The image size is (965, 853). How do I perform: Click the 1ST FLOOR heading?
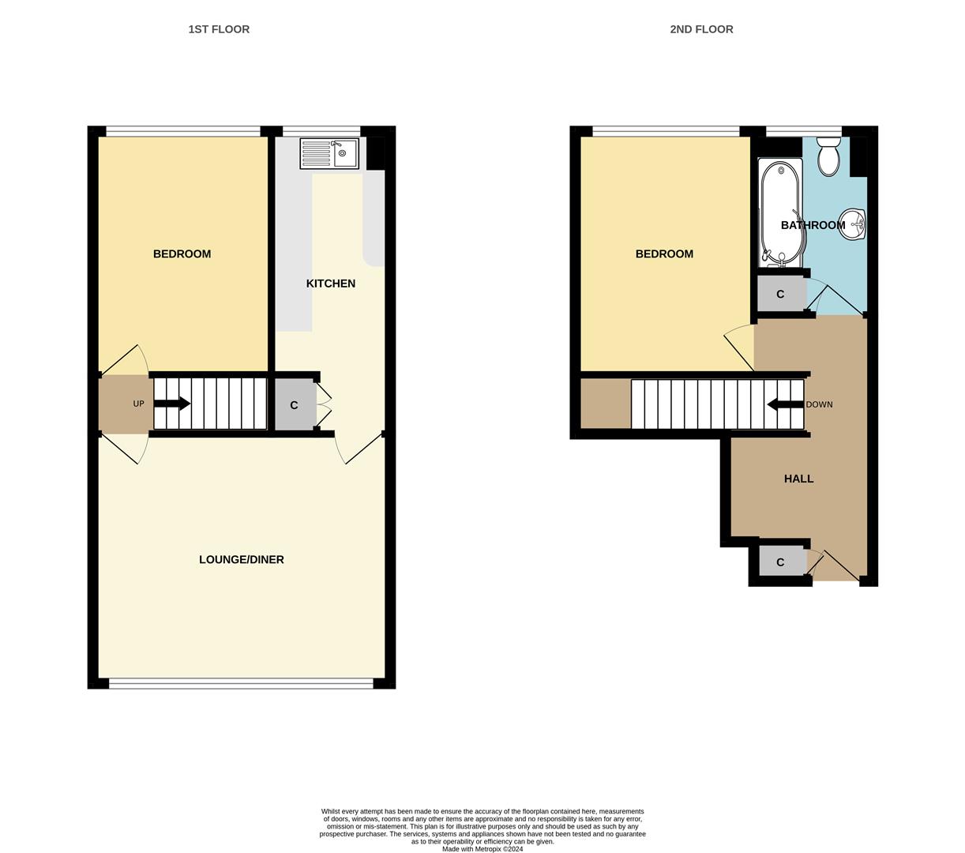pos(219,29)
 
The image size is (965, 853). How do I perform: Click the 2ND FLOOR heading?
pos(701,29)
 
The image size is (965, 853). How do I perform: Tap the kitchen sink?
pos(329,153)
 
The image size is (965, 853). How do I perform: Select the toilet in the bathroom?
pos(828,156)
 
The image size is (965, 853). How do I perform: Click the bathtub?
pos(780,212)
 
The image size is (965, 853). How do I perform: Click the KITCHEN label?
pos(331,284)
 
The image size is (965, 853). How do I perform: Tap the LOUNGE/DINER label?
pos(242,560)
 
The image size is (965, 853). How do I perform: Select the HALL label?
pos(798,479)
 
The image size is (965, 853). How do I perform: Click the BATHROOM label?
pos(813,225)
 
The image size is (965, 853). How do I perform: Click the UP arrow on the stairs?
pos(172,404)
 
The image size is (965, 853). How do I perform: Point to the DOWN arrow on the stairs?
pos(785,404)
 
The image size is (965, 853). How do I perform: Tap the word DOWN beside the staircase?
pos(819,404)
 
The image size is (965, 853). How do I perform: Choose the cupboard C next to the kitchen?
pos(295,405)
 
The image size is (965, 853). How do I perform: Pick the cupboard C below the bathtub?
pos(780,294)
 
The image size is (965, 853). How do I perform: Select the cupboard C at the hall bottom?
pos(780,562)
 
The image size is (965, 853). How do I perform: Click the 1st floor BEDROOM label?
pos(182,254)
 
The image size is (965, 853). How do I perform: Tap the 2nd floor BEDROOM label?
pos(664,254)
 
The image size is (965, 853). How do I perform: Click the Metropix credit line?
pos(482,849)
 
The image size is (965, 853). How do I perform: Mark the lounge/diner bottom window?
pos(241,684)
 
